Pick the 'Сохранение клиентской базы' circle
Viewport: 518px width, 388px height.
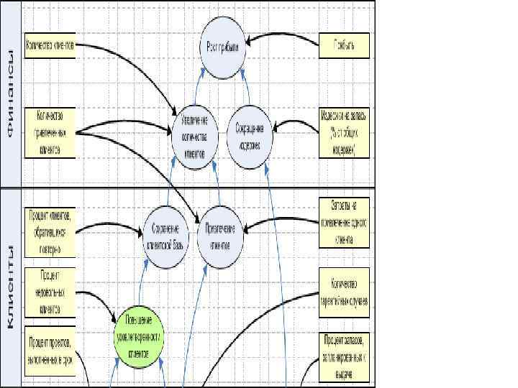click(165, 230)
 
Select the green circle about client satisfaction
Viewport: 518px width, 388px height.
click(140, 335)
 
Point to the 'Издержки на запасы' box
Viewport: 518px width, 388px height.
click(343, 133)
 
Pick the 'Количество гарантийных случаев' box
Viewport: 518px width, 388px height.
click(344, 292)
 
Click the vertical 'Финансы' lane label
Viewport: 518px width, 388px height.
click(11, 94)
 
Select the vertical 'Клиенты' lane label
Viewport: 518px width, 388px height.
click(11, 286)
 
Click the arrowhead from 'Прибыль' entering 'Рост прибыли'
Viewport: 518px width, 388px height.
click(247, 40)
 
